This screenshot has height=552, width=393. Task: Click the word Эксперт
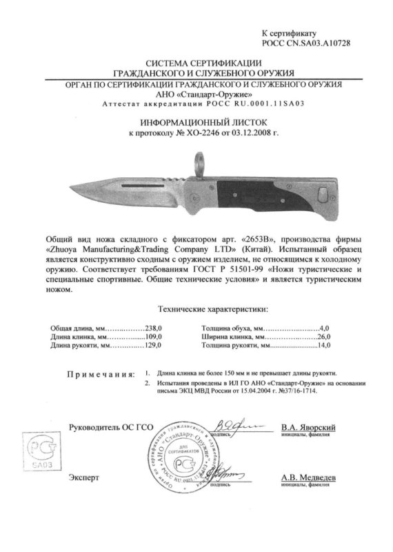tap(83, 477)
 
